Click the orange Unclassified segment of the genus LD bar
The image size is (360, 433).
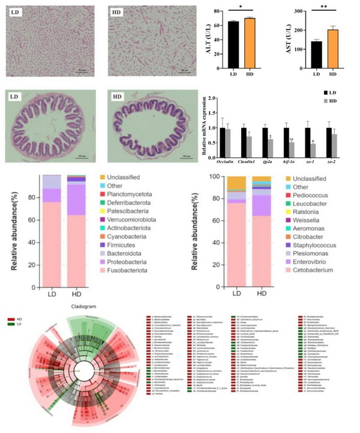pos(237,183)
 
